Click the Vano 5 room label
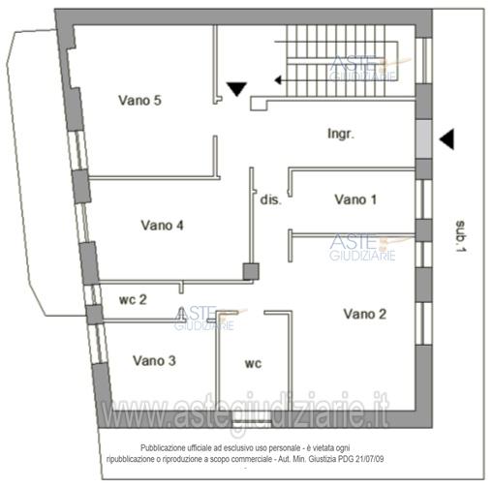(139, 101)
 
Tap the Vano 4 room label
(162, 226)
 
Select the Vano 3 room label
(154, 360)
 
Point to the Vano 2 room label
(365, 314)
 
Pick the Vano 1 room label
(355, 199)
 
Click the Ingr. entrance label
(341, 134)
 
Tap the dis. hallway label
(271, 199)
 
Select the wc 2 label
(133, 299)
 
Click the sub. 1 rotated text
(460, 236)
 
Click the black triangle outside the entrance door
(448, 139)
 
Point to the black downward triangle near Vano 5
(236, 89)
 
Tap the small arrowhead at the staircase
(278, 80)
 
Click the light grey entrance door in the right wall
(423, 139)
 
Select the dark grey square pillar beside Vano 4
(251, 271)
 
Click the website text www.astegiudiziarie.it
(245, 410)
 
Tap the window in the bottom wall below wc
(252, 424)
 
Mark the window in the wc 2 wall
(93, 295)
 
